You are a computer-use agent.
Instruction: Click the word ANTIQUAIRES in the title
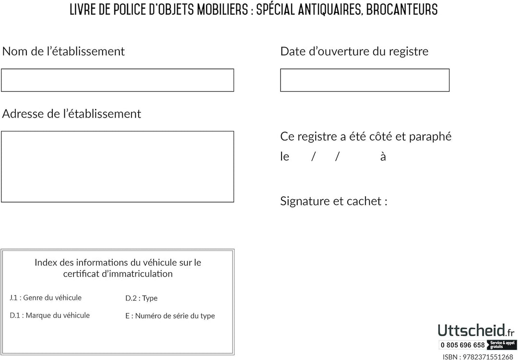point(327,9)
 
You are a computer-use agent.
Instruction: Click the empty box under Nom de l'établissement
point(118,80)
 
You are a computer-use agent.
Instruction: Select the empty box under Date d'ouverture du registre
point(365,80)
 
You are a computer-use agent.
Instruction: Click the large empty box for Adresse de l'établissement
point(118,167)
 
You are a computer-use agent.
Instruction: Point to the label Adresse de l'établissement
point(72,114)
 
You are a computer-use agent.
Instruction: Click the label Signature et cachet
point(333,201)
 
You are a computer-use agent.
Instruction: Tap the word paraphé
point(431,137)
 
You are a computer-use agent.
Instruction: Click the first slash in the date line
point(313,157)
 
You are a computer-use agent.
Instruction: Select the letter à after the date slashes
point(383,157)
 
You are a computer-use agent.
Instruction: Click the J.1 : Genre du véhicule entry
point(46,298)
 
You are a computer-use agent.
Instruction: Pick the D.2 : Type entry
point(141,298)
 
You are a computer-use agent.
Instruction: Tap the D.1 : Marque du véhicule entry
point(50,315)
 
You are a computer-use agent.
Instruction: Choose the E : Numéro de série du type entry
point(170,316)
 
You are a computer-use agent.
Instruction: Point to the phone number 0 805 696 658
point(463,345)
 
